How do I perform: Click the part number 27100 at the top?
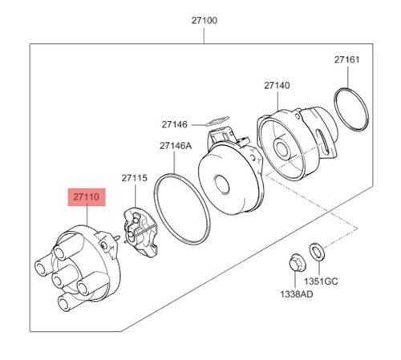click(x=205, y=21)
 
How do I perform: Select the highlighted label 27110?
click(x=87, y=197)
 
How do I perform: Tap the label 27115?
click(x=135, y=178)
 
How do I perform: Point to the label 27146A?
click(x=176, y=146)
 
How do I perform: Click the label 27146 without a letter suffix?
click(x=174, y=124)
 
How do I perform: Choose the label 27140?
click(x=277, y=86)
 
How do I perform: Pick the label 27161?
click(x=347, y=59)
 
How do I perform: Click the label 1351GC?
click(x=321, y=281)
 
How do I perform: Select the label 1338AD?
click(x=297, y=294)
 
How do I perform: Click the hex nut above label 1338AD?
click(x=297, y=262)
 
